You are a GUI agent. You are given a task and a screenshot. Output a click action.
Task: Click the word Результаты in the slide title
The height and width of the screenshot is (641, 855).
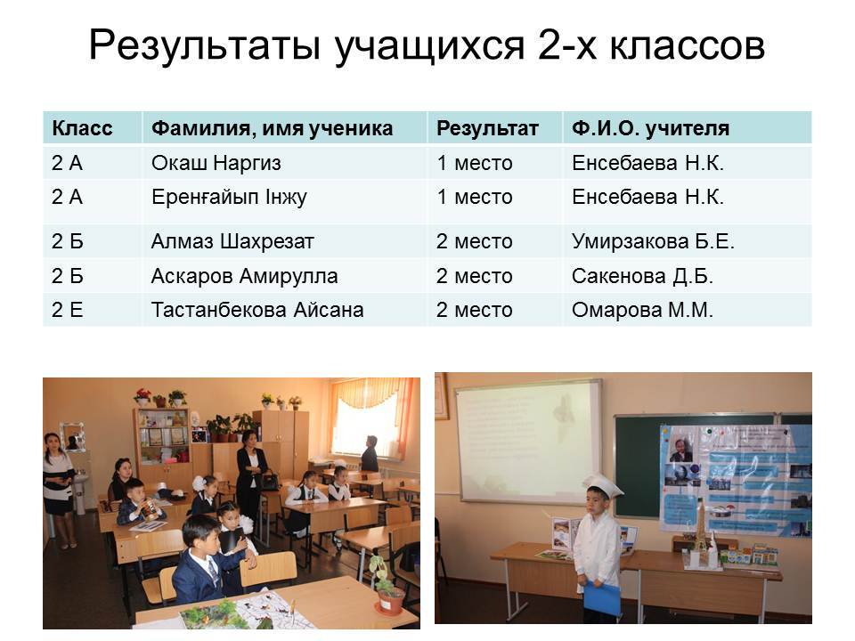tap(204, 45)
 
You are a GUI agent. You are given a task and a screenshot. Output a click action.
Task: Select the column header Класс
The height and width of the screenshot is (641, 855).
tap(82, 128)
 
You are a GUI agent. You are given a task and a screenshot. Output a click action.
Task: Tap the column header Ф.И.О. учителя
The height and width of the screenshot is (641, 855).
tap(650, 128)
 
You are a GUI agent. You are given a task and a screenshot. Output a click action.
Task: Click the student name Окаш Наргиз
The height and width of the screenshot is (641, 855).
tap(216, 163)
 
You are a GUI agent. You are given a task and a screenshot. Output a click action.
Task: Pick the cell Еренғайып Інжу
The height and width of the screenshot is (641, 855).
tap(229, 198)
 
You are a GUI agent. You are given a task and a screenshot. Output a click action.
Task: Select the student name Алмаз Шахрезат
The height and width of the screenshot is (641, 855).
tap(232, 241)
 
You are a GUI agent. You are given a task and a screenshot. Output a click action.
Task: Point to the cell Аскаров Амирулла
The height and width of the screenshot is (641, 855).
tap(244, 276)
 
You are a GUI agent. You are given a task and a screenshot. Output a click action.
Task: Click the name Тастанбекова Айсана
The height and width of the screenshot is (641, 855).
tap(257, 310)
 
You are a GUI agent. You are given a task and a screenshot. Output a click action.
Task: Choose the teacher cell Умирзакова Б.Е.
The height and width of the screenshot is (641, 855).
tap(653, 241)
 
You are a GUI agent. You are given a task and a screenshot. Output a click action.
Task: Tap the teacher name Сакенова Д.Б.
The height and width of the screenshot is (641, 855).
tap(642, 276)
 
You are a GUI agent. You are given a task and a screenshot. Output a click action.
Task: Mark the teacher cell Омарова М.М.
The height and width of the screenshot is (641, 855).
tap(642, 310)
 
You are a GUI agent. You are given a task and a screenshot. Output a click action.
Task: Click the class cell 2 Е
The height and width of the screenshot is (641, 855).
tap(68, 310)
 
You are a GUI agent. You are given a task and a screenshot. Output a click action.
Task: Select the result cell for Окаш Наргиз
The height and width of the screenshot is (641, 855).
tap(475, 163)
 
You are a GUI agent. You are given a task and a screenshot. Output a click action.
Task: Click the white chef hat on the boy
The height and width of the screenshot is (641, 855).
tap(602, 484)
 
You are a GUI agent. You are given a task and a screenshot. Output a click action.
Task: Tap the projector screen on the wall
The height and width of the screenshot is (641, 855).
tap(528, 442)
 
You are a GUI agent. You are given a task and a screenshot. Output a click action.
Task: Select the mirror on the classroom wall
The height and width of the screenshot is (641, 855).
tap(72, 436)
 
